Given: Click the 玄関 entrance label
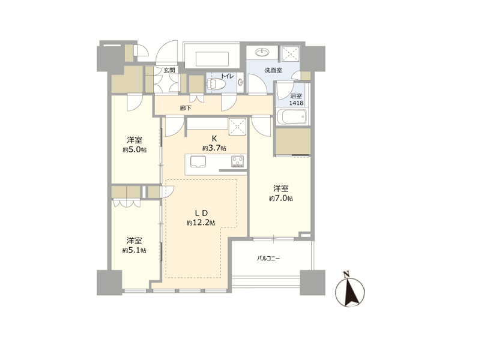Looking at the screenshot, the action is [169, 70].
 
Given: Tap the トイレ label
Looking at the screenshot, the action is [227, 76].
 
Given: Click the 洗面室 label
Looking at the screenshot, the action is [273, 70].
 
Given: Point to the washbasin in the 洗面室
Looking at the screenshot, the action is [262, 53].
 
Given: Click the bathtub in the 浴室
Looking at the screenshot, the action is [291, 116].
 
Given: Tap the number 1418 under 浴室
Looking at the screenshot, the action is [296, 103].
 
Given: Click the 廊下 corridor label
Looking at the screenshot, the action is [186, 108].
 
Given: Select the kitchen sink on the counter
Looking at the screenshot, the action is [198, 162].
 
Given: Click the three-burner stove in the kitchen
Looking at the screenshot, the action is [238, 161].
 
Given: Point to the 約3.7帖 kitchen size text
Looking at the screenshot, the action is [214, 148].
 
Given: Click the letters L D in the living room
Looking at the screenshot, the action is [202, 213].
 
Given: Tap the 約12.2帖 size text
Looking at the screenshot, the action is [201, 223].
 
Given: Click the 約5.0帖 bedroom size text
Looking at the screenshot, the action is [135, 150].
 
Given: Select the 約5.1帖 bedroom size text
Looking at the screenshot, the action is [134, 250].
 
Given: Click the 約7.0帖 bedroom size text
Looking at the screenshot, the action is [281, 199].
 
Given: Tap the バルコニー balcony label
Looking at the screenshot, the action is [268, 259].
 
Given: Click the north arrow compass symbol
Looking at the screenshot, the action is [350, 292].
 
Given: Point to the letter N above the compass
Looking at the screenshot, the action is [346, 274].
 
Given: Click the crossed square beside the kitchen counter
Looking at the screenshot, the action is [237, 126].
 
